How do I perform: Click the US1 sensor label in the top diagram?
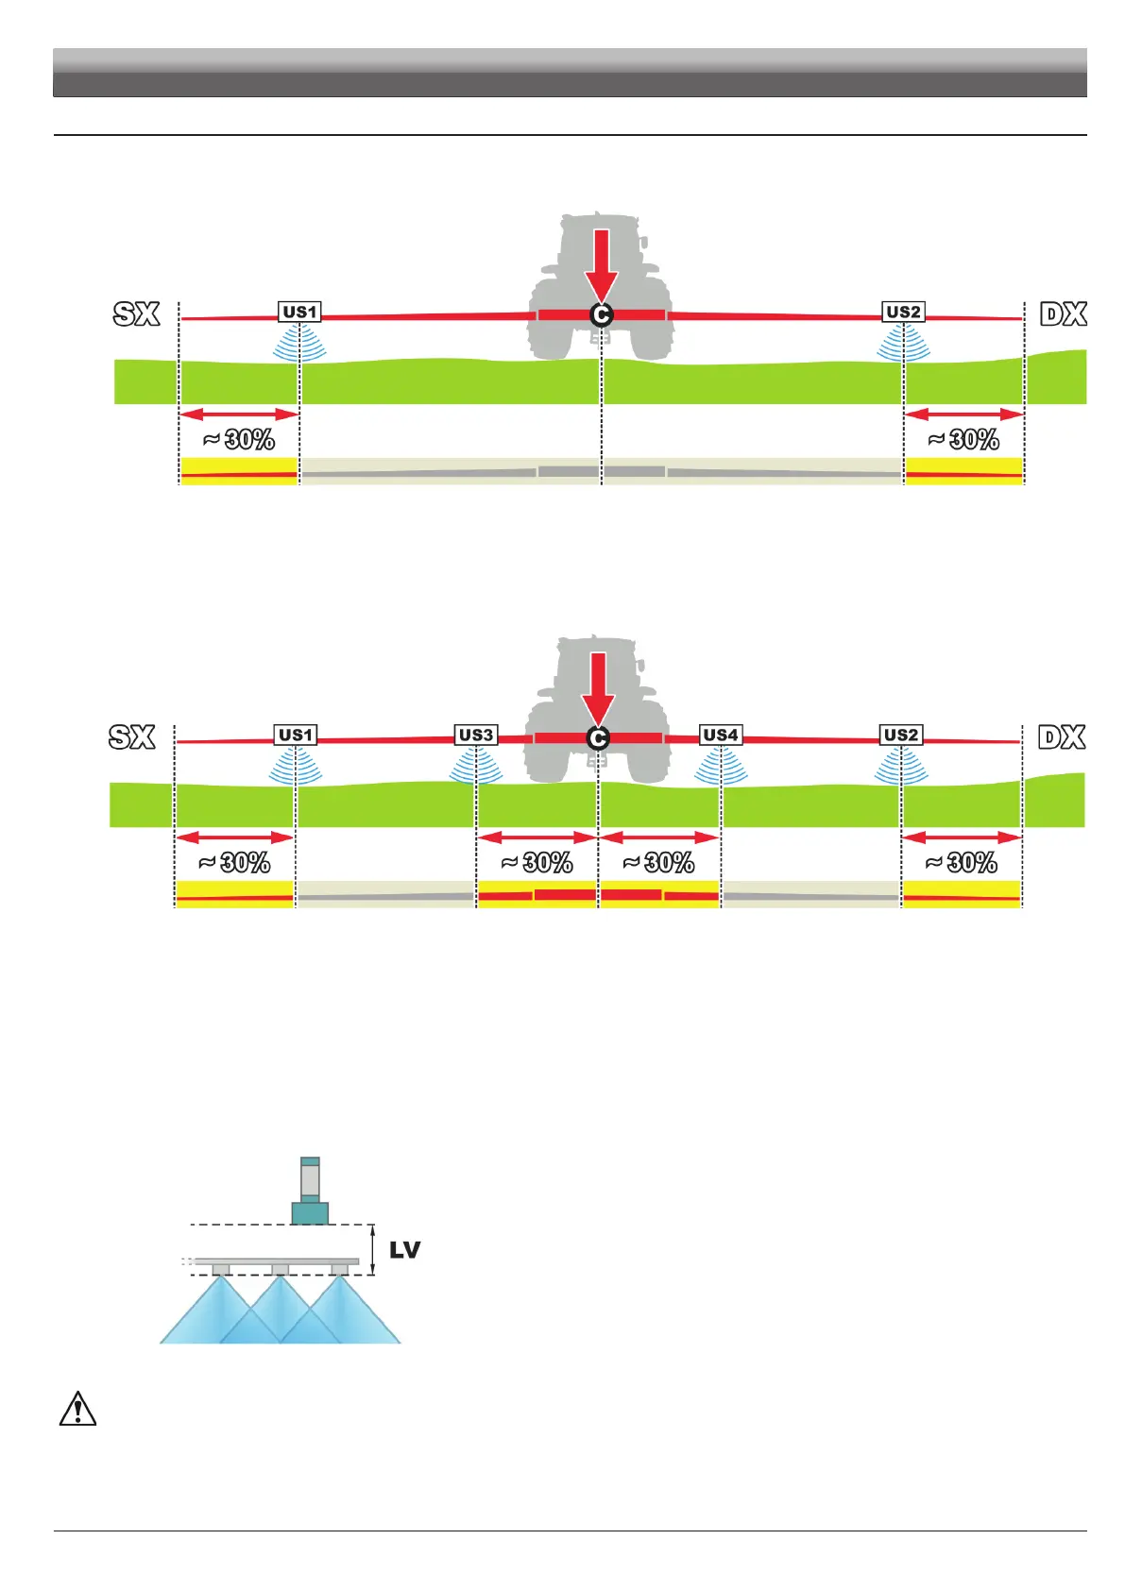click(x=299, y=312)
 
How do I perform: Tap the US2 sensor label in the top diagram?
click(x=903, y=312)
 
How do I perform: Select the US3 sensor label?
click(x=475, y=735)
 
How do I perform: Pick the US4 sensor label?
click(x=721, y=735)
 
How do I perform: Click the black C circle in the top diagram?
click(x=601, y=315)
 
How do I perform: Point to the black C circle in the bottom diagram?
click(x=597, y=738)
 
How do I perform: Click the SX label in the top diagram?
click(x=136, y=313)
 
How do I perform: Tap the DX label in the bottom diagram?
click(x=1062, y=736)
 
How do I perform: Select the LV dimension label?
click(x=404, y=1250)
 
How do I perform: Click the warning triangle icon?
click(x=77, y=1409)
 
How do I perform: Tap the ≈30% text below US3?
click(x=537, y=862)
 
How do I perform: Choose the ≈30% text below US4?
click(x=658, y=862)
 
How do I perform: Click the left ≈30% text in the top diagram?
click(x=238, y=439)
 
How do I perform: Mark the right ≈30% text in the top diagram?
click(x=963, y=439)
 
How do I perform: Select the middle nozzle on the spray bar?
click(x=280, y=1270)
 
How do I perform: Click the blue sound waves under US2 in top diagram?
click(x=903, y=344)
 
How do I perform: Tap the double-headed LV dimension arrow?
click(x=374, y=1250)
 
